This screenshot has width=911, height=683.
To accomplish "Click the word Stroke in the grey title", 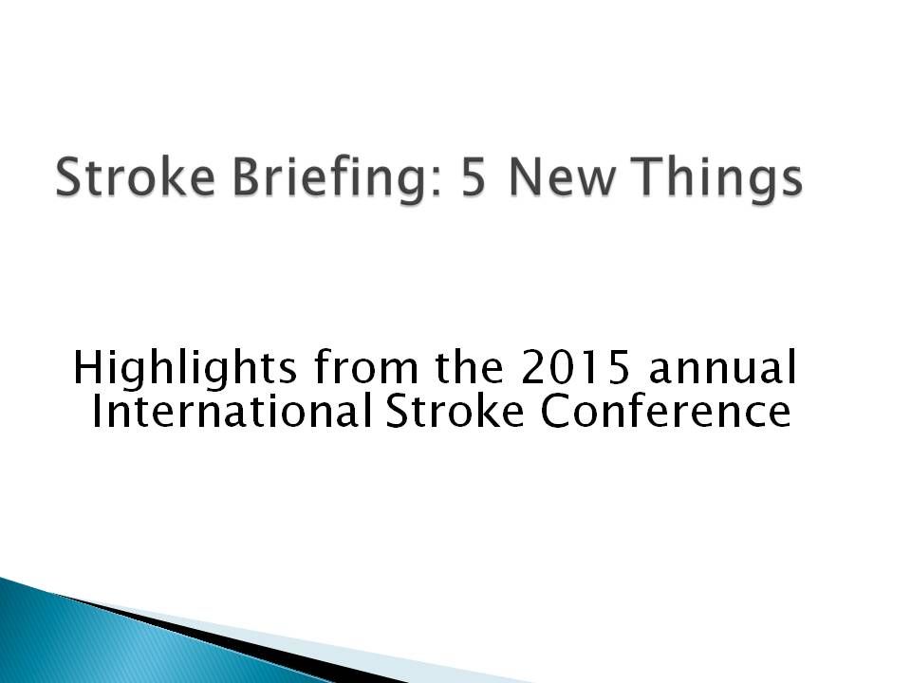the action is (x=135, y=176).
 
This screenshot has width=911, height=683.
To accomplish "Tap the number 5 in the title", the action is (x=473, y=177).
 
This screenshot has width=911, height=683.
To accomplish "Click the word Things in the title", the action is (x=717, y=180).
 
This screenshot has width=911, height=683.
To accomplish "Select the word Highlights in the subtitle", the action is (x=185, y=369).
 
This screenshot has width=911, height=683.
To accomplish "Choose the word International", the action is (x=232, y=410).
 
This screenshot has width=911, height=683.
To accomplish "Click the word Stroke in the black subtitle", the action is (x=455, y=410).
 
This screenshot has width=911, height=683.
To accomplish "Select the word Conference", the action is (x=666, y=410).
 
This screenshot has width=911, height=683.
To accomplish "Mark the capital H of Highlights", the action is (x=88, y=368).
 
